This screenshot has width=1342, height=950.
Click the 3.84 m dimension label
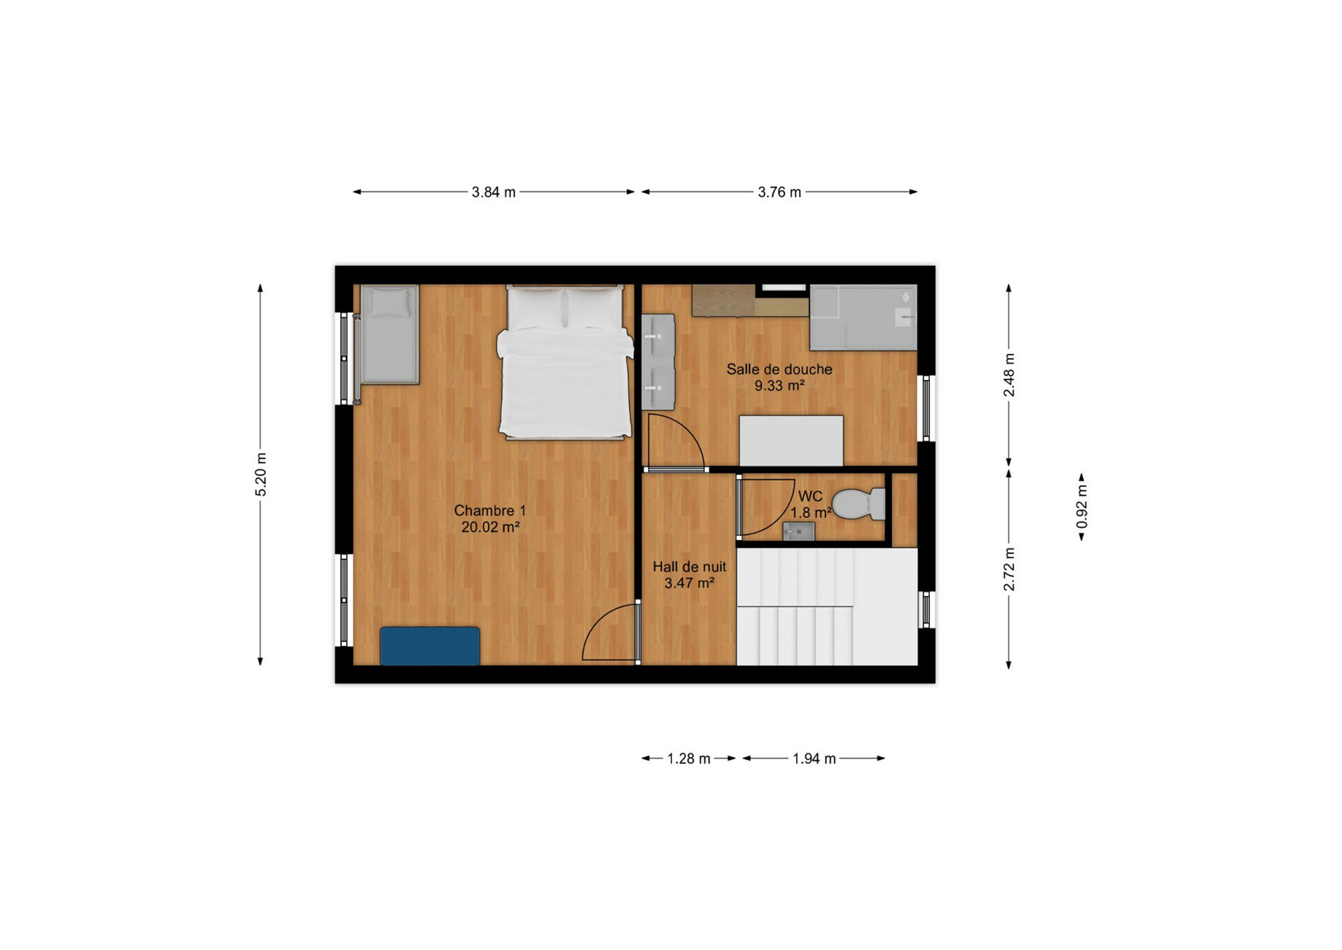(493, 192)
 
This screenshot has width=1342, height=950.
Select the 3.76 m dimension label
(779, 192)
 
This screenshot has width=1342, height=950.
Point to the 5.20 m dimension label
(261, 475)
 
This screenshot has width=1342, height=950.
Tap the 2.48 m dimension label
(1009, 375)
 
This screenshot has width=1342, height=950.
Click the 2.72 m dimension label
(1009, 569)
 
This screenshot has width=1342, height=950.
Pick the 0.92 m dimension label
(1082, 507)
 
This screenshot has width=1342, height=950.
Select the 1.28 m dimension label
(688, 758)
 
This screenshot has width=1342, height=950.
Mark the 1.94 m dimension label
(813, 758)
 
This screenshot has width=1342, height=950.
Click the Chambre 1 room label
(490, 511)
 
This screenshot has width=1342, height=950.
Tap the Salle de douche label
(779, 369)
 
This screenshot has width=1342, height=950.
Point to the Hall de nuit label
(689, 566)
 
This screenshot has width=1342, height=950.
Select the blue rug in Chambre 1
(430, 646)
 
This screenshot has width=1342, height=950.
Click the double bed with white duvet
(565, 362)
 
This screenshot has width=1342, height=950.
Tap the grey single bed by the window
(389, 334)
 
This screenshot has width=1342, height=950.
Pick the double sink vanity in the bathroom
(658, 362)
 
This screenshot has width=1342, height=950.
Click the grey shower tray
(863, 317)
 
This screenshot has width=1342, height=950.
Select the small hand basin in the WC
(798, 531)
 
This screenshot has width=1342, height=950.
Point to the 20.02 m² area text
(490, 527)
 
